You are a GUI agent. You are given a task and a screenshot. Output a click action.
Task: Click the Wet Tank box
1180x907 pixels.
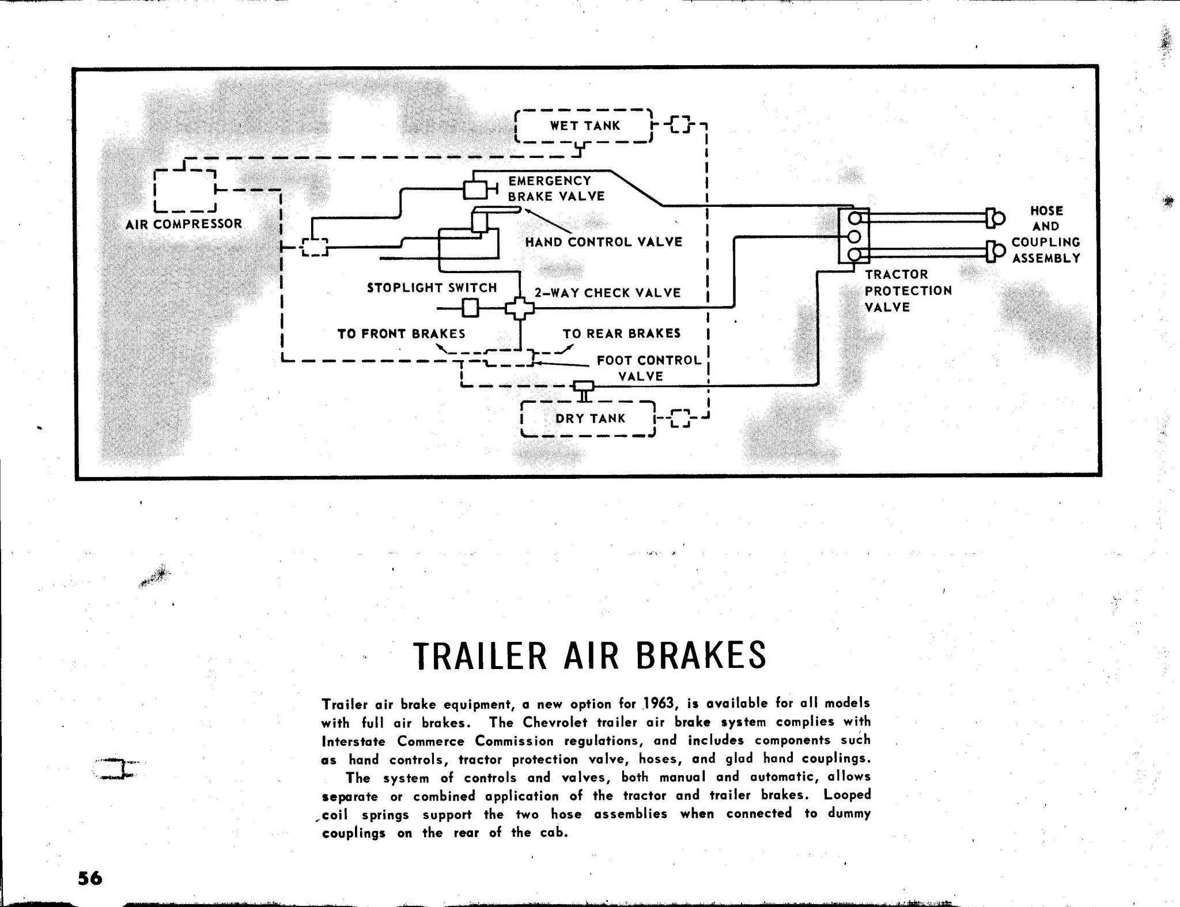click(x=583, y=109)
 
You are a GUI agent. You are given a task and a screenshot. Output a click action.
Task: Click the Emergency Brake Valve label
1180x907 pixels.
click(x=556, y=188)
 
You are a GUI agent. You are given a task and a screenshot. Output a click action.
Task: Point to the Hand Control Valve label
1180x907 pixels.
click(x=603, y=242)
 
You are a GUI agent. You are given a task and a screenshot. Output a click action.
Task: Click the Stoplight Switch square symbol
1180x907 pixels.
click(x=471, y=309)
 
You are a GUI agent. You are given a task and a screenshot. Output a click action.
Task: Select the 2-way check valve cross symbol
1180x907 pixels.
click(x=520, y=309)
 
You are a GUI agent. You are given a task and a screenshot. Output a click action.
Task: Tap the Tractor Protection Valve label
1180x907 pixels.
click(x=908, y=291)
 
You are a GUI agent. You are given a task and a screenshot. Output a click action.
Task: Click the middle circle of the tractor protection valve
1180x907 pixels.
click(x=854, y=236)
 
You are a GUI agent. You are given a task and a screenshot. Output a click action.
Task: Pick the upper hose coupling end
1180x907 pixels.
click(x=995, y=218)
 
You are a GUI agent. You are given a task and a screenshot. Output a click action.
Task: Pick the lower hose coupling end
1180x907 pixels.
click(x=995, y=251)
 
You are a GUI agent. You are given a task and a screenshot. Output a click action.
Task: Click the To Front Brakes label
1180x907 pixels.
click(x=402, y=334)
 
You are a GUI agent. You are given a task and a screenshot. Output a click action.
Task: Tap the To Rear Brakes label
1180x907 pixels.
click(x=622, y=334)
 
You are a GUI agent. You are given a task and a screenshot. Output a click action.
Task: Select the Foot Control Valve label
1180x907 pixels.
click(x=648, y=368)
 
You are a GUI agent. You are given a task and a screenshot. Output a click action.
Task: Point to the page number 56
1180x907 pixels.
click(x=90, y=878)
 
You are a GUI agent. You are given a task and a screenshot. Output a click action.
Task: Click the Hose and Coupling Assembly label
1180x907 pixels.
click(x=1046, y=235)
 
